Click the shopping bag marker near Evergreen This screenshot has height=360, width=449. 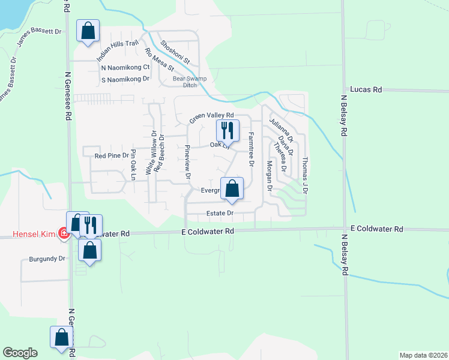[x=232, y=188]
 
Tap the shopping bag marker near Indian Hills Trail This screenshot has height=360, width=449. [x=88, y=31]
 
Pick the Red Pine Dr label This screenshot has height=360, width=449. [x=112, y=155]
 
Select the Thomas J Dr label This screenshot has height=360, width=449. [x=305, y=175]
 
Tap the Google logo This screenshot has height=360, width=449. [x=20, y=352]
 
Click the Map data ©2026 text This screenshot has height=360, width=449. [x=423, y=355]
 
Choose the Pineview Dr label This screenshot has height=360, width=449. [x=188, y=163]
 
